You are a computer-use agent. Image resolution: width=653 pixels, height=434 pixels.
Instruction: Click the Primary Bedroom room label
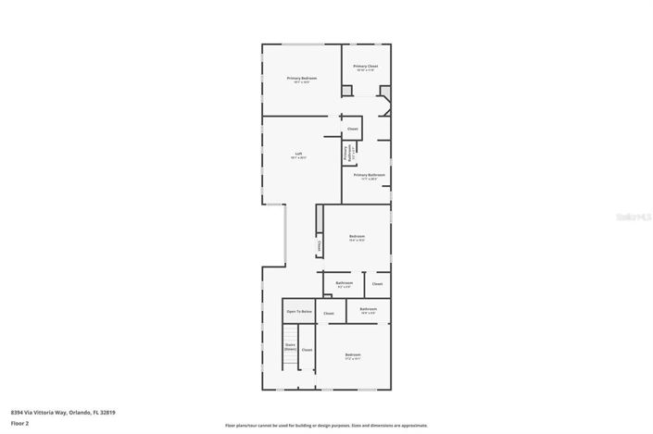pos(302,79)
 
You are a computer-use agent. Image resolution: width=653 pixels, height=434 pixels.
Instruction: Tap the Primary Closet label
pos(366,67)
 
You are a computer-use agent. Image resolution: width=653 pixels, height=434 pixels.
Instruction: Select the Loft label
pos(299,154)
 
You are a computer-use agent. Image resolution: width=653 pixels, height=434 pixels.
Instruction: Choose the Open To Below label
pos(298,311)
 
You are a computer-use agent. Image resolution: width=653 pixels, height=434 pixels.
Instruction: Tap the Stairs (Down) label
pos(290,348)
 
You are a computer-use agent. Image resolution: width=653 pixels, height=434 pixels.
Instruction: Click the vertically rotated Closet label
pos(320,246)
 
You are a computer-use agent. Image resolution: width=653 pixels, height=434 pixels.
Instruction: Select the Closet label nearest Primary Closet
pos(353,129)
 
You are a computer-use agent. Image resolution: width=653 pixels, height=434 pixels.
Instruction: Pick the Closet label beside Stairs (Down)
pos(307,350)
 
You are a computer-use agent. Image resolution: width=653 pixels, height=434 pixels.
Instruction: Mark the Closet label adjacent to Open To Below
pos(329,314)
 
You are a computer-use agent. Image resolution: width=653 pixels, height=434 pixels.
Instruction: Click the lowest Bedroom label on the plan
pos(353,355)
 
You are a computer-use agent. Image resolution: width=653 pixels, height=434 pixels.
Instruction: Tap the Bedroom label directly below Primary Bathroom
pos(357,237)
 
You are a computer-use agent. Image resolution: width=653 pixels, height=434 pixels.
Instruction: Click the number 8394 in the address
pos(18,412)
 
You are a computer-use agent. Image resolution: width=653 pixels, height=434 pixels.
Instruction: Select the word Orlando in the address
pos(81,412)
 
